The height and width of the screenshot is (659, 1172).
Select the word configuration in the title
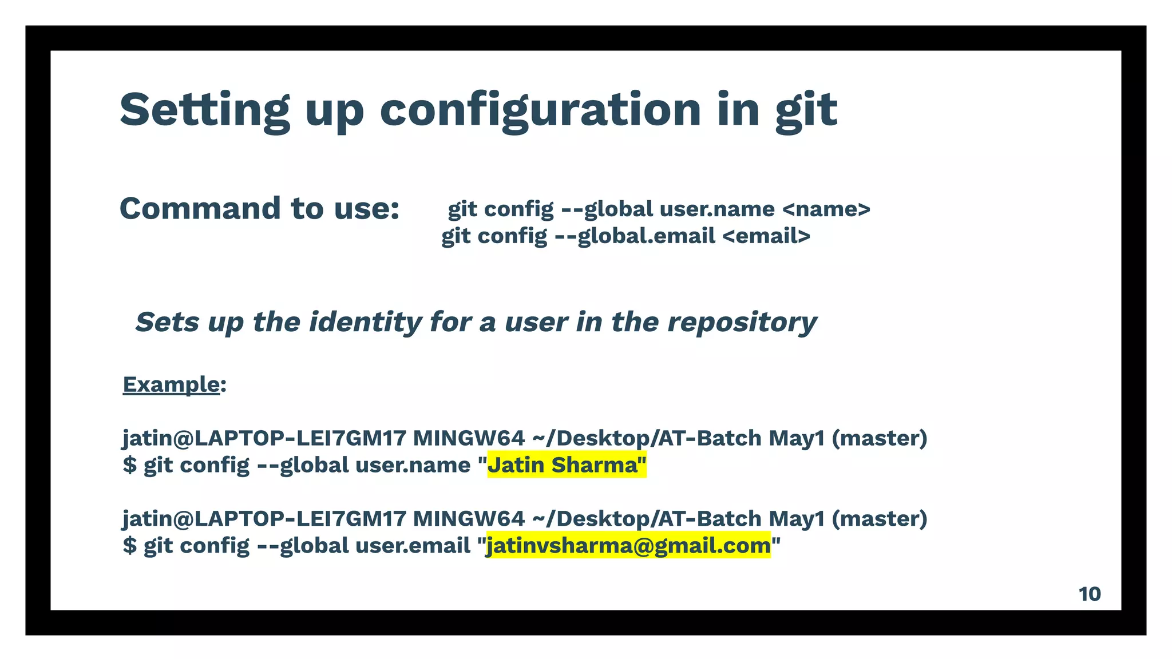coord(540,110)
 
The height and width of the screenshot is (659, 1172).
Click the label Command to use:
coord(259,208)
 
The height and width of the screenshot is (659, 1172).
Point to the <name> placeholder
coord(826,209)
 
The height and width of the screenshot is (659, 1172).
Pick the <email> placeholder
coord(766,236)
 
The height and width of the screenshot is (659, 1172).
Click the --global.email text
coord(635,236)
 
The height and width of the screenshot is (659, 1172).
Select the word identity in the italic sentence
coord(365,322)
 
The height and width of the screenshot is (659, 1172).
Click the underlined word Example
coord(171,384)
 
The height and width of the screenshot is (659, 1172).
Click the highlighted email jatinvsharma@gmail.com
coord(628,545)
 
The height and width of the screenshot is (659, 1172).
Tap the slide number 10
coord(1090,594)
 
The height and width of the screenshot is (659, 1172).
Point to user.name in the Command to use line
coord(716,209)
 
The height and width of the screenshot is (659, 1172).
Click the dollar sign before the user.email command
coord(130,545)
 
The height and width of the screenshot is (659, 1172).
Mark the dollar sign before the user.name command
coord(130,465)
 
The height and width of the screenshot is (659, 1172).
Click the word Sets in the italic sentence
coord(167,322)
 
